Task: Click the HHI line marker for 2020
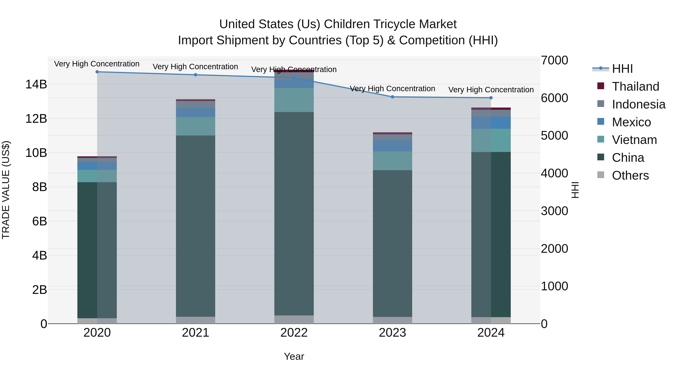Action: point(97,72)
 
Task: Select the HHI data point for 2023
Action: point(392,97)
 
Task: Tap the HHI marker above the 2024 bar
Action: point(491,98)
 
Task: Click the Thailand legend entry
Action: point(635,87)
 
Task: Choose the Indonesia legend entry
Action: point(638,104)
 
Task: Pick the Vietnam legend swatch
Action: point(601,139)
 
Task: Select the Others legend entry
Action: point(630,175)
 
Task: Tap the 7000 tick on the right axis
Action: point(554,60)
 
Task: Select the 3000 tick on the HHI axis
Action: point(554,211)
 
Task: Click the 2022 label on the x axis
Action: point(294,333)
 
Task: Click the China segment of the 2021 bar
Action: point(195,226)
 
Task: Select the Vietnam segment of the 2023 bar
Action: point(392,161)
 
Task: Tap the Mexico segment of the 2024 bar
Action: point(491,123)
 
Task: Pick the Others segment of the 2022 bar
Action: point(294,319)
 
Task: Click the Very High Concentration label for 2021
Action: point(195,67)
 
